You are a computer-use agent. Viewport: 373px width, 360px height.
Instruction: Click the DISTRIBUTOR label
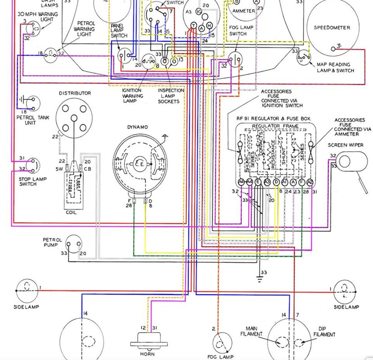(74, 93)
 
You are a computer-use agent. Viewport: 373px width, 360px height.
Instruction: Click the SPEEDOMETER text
(332, 28)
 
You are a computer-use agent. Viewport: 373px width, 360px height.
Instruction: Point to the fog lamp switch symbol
(235, 59)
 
